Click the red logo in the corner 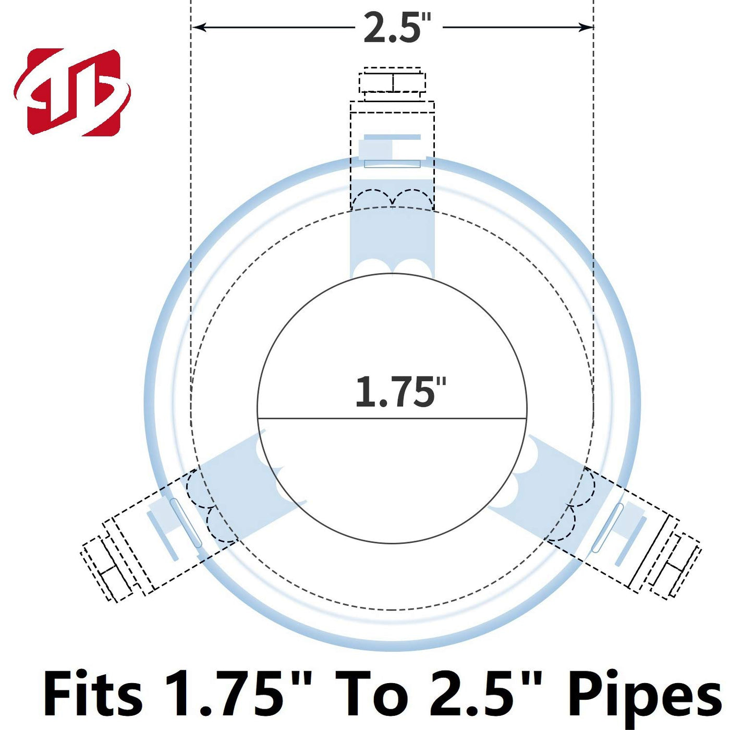click(72, 92)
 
